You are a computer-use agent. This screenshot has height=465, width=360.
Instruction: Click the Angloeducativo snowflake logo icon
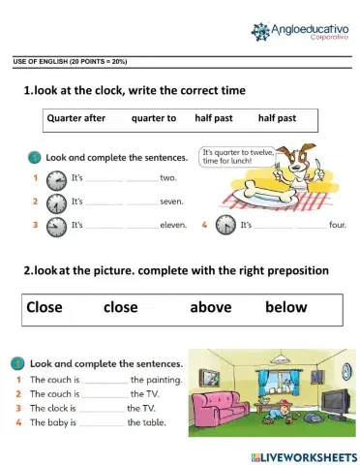click(265, 32)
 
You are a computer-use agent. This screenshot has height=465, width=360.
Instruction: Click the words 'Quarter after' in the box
click(75, 118)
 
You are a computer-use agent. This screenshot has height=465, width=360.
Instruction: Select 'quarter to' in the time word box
click(153, 118)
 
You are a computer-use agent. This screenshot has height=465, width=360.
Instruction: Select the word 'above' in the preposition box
click(210, 307)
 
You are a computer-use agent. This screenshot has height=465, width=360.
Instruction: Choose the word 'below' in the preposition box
click(285, 307)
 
